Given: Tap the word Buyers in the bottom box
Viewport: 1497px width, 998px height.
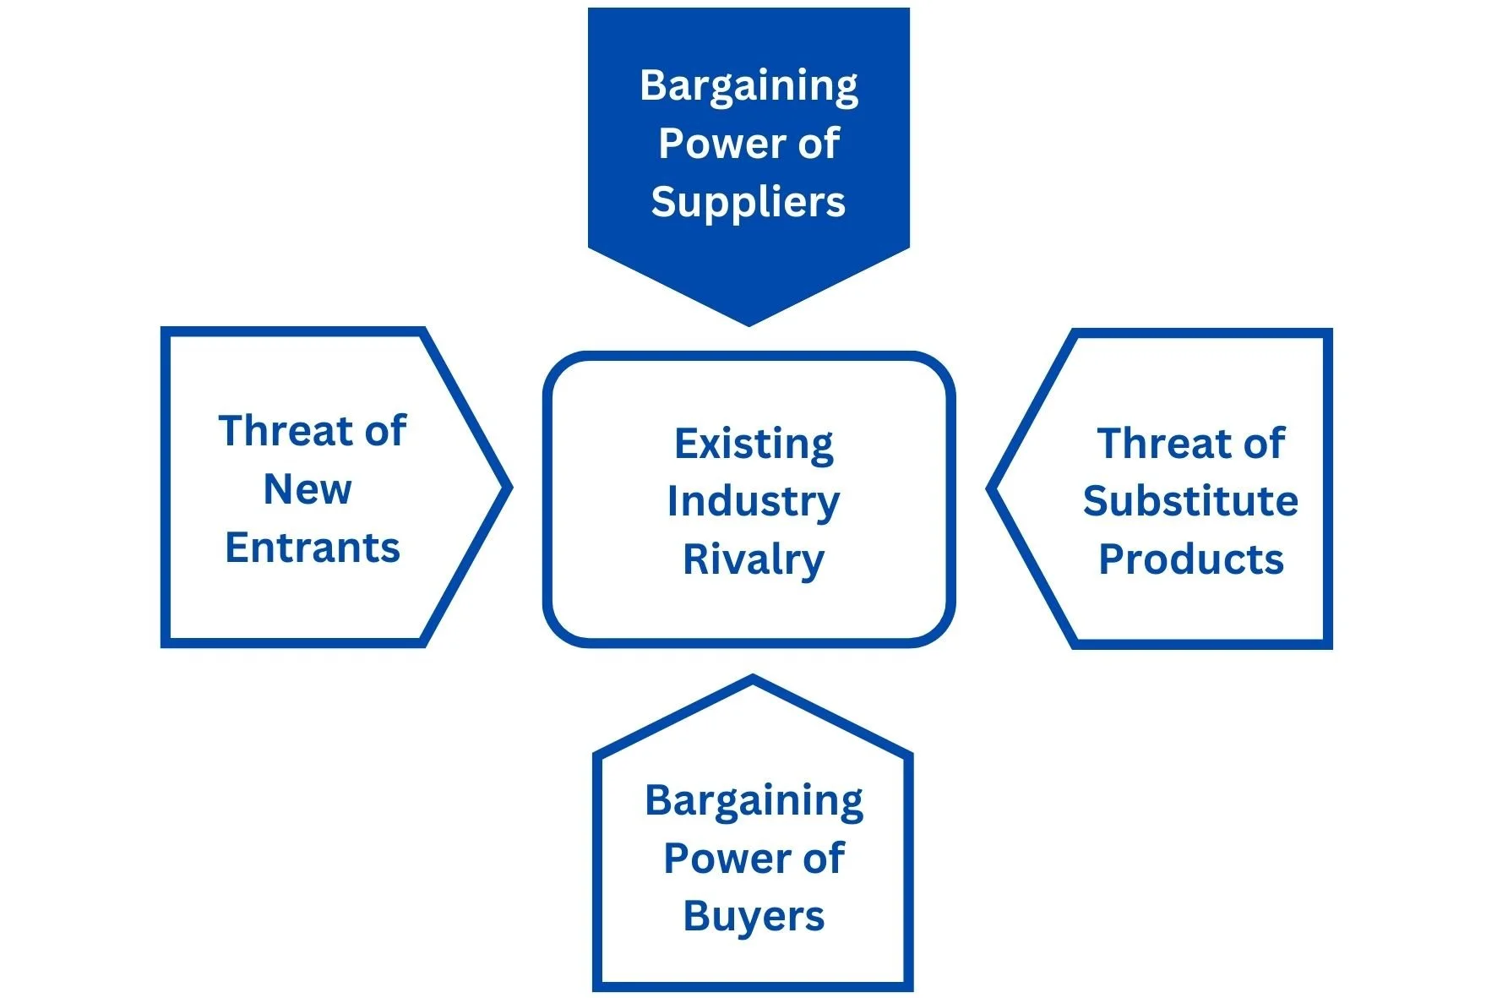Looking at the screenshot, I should coord(754,916).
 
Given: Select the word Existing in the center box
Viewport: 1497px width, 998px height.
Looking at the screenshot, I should coord(754,444).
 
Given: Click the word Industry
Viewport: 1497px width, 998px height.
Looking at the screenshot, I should coord(754,502).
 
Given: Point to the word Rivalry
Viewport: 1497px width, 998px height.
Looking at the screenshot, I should coord(754,560).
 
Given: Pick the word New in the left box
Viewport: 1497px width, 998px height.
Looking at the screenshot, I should coord(308,489).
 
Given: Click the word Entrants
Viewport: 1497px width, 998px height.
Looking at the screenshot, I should coord(312,548).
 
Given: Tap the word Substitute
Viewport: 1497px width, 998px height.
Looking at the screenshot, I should coord(1190,501).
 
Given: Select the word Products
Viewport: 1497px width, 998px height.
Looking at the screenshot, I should coord(1190,559).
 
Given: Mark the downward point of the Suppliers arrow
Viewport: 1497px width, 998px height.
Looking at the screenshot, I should coord(748,323).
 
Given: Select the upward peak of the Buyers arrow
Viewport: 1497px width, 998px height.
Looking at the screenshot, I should coord(753,678).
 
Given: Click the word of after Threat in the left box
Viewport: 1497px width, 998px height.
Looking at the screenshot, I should coord(385,431).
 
